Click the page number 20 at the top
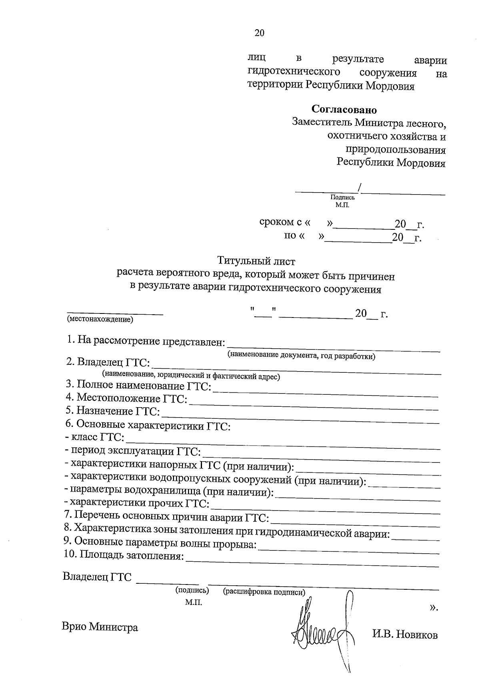[x=259, y=33]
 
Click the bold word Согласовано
[x=344, y=109]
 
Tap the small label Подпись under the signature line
[x=342, y=197]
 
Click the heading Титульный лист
[x=256, y=261]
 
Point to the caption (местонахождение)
[x=100, y=319]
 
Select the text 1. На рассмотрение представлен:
[x=146, y=341]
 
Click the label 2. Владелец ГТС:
[x=108, y=363]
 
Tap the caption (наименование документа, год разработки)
[x=301, y=356]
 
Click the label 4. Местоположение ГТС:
[x=126, y=398]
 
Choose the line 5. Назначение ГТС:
[x=112, y=411]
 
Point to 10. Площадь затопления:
[x=124, y=555]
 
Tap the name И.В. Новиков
[x=405, y=635]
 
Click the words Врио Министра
[x=100, y=627]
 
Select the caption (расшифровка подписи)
[x=264, y=592]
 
